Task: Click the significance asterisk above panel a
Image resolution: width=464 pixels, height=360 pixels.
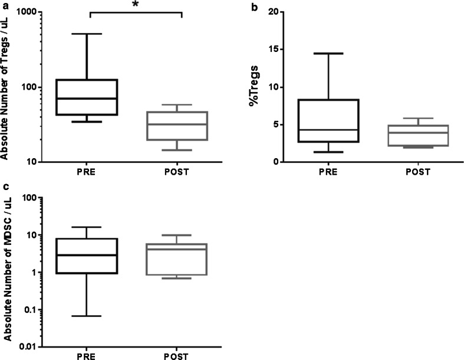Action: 136,5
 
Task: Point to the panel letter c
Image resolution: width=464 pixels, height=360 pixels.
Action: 5,188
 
